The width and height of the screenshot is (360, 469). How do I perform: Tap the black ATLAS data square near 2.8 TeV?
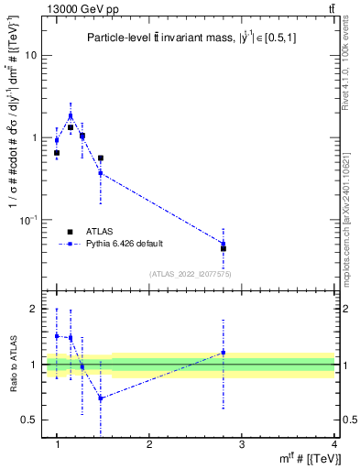click(x=224, y=248)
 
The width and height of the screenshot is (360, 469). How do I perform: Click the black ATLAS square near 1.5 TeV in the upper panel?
click(x=101, y=158)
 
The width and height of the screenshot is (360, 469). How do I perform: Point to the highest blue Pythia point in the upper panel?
click(x=71, y=116)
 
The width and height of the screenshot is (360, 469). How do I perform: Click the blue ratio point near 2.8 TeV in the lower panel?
click(x=224, y=353)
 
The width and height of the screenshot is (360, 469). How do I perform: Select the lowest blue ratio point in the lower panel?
click(x=101, y=398)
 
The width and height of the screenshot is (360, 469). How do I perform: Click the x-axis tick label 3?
click(x=242, y=443)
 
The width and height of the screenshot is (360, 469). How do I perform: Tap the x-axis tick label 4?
click(x=333, y=443)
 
